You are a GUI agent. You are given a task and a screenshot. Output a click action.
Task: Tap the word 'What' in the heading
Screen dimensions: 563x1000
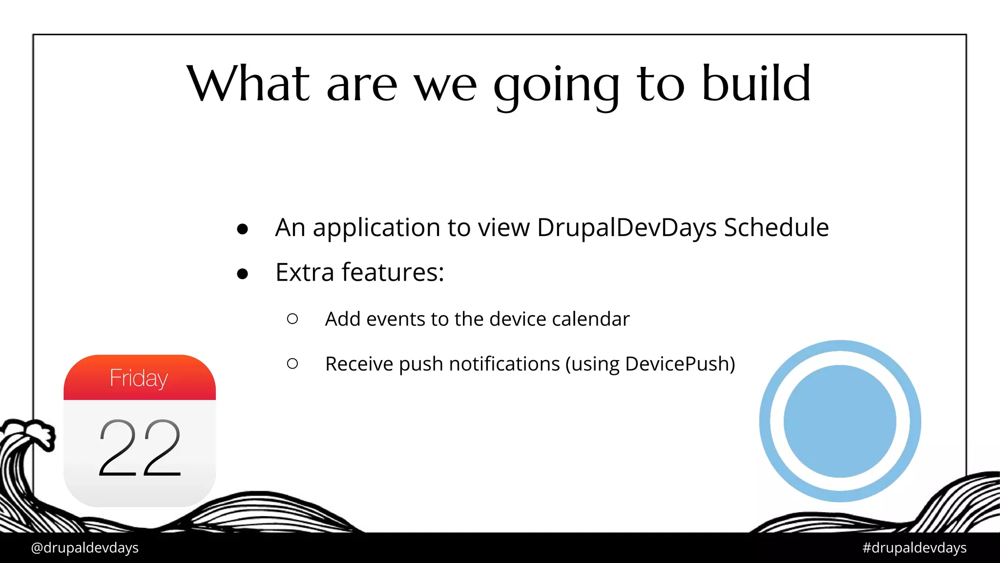[x=248, y=84]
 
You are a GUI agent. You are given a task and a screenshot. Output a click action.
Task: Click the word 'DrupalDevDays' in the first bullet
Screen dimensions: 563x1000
[x=626, y=228]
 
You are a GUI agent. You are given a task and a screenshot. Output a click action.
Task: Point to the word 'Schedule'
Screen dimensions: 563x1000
[x=776, y=228]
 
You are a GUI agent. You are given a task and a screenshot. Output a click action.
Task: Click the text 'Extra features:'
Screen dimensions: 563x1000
[x=359, y=272]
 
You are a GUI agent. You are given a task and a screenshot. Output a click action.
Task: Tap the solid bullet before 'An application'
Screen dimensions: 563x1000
[x=242, y=229]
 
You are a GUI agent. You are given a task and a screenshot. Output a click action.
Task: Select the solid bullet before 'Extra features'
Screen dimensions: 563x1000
[x=242, y=274]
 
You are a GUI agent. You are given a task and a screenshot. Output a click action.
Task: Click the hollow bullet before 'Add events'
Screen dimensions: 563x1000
[x=292, y=319]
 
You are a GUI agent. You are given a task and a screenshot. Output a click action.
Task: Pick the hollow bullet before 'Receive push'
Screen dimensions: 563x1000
[x=292, y=364]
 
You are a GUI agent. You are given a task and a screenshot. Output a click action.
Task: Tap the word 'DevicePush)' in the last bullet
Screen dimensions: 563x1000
[x=680, y=364]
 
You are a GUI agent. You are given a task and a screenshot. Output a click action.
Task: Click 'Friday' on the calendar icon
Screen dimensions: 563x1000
[x=139, y=378]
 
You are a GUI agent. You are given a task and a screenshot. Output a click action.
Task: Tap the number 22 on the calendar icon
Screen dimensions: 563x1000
[x=140, y=449]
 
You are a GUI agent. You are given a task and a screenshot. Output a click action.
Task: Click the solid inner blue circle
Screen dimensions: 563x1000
[x=840, y=421]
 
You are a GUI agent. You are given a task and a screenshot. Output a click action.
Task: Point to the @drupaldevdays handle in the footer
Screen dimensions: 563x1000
[x=84, y=548]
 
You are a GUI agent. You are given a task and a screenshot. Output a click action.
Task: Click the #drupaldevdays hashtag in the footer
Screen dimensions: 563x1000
[x=914, y=548]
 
